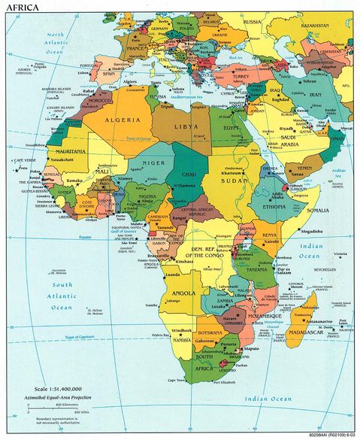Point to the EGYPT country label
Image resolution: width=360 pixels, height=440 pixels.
click(231, 129)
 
